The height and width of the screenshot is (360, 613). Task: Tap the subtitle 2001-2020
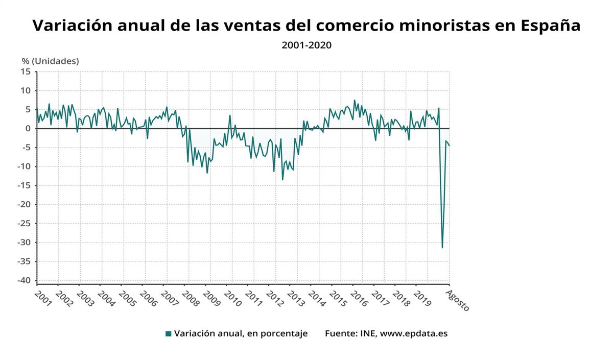[x=306, y=45]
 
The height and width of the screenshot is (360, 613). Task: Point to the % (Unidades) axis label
[x=50, y=61]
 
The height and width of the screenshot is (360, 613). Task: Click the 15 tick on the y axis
[x=26, y=71]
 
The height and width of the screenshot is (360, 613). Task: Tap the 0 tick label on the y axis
[x=29, y=129]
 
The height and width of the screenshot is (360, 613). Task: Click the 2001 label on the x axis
[x=43, y=299]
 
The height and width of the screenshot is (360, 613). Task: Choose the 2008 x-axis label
[x=189, y=299]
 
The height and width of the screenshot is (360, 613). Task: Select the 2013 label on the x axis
[x=295, y=299]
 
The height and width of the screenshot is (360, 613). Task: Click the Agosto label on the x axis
[x=457, y=300]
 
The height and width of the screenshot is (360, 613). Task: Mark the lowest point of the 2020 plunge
[x=442, y=248]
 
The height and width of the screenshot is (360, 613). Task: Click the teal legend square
[x=168, y=334]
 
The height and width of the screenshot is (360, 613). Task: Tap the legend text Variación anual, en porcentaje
[x=241, y=334]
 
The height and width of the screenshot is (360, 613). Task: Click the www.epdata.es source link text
[x=414, y=334]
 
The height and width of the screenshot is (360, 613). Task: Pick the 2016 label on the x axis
[x=358, y=299]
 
